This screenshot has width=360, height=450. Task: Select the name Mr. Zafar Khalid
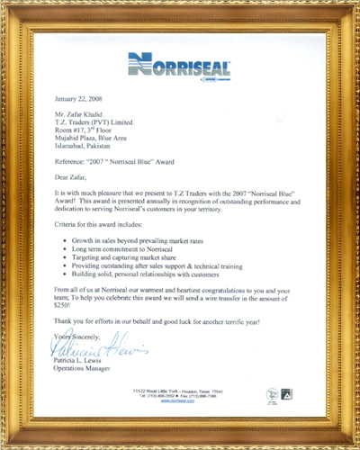[80, 116]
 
